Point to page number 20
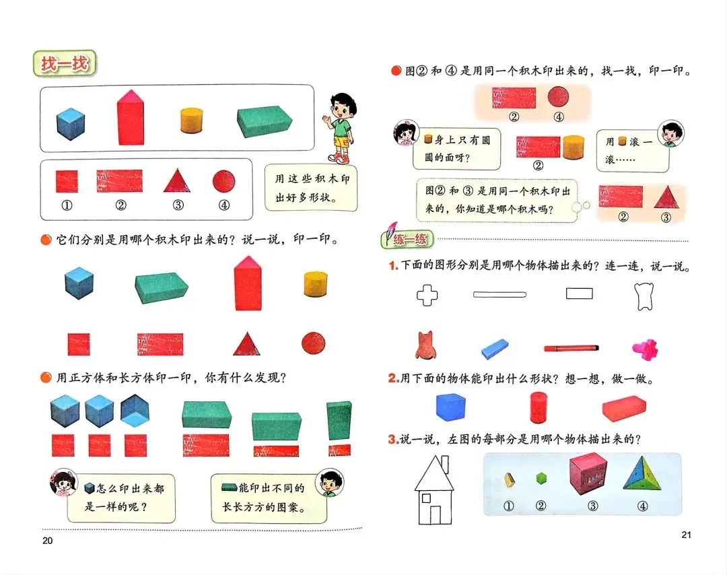(46, 540)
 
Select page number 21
(686, 535)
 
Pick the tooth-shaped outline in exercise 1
(645, 296)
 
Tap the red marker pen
(571, 348)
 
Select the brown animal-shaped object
(425, 345)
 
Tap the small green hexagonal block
(540, 479)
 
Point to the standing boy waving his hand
(339, 128)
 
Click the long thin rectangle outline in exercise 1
(499, 294)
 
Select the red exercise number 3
(393, 440)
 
